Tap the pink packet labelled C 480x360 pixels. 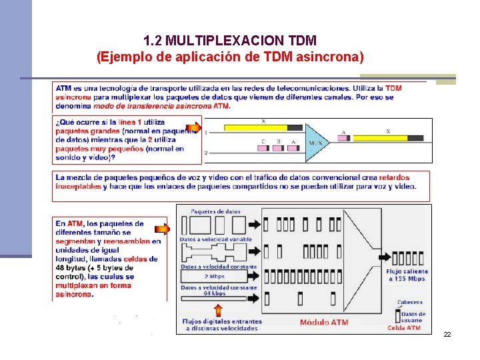tap(263, 149)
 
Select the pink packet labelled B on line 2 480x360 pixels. tap(277, 149)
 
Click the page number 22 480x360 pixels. tap(447, 333)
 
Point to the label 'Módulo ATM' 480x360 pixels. tap(324, 323)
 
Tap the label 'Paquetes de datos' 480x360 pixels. tap(215, 211)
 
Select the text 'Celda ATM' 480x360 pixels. tap(404, 327)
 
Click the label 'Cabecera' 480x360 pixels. tap(409, 302)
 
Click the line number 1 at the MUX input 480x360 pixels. tap(206, 133)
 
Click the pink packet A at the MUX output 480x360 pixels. tap(343, 139)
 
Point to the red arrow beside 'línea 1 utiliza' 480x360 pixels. tap(193, 127)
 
